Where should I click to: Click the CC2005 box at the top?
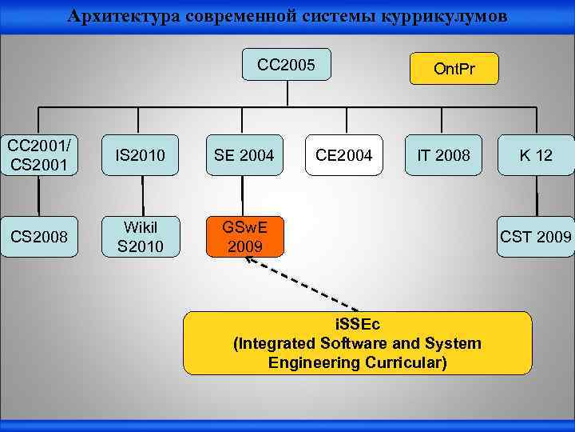tap(286, 64)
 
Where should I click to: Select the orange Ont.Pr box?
tap(454, 69)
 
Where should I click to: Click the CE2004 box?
tap(343, 154)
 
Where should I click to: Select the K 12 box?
tap(536, 154)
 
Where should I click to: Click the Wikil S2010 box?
tap(139, 237)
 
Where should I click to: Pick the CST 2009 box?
tap(535, 237)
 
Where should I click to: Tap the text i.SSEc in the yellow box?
tap(357, 325)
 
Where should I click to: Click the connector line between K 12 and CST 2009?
tap(537, 196)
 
